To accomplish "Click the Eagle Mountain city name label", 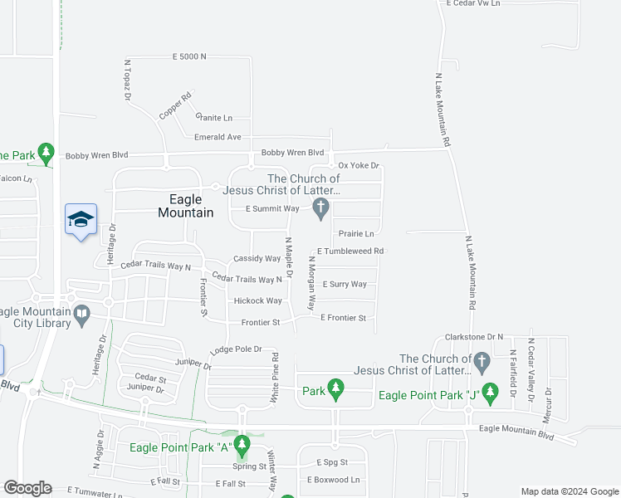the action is pos(185,206).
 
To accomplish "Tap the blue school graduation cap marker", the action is pos(81,220).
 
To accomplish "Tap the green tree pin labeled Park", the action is pos(335,389).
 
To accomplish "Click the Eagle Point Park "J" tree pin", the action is pos(490,392).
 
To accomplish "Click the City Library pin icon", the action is pos(81,314).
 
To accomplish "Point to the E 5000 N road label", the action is pos(188,56).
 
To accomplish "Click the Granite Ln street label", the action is pos(213,118).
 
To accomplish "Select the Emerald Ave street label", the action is pos(218,137).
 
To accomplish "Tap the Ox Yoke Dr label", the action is pos(359,166).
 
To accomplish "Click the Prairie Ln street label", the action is pos(356,234).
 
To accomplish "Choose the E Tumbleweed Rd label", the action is pos(350,251).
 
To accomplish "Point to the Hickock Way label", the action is pos(257,300).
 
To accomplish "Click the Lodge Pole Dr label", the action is pos(236,349).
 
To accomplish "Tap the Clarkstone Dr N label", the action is pos(474,337).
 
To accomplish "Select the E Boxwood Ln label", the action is pos(334,480).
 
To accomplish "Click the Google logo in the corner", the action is pos(27,488).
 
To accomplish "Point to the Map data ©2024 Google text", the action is pos(570,491).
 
